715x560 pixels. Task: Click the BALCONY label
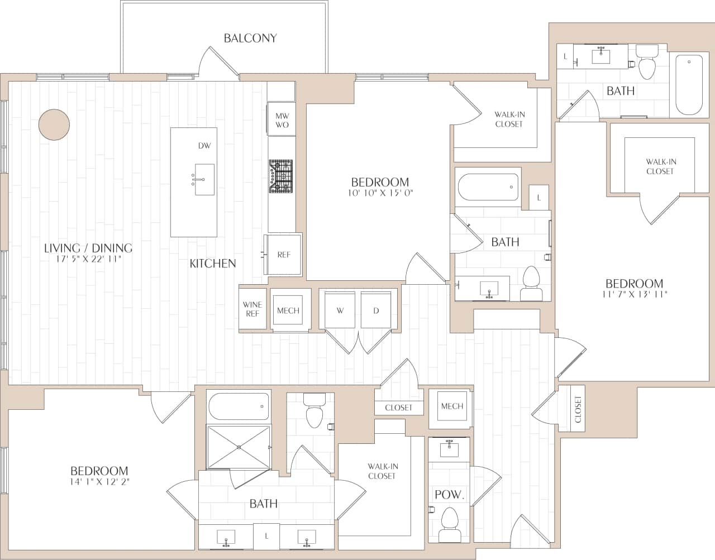pyautogui.click(x=250, y=38)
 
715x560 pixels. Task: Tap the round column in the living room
pyautogui.click(x=54, y=124)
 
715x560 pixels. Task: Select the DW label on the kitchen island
pyautogui.click(x=204, y=146)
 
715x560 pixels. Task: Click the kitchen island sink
pyautogui.click(x=204, y=179)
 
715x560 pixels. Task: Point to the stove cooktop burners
pyautogui.click(x=280, y=176)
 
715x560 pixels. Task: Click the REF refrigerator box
pyautogui.click(x=284, y=255)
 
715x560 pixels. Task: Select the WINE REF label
pyautogui.click(x=252, y=309)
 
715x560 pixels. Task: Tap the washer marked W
pyautogui.click(x=340, y=310)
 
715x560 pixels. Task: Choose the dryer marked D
pyautogui.click(x=376, y=310)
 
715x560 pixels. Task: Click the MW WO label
pyautogui.click(x=282, y=120)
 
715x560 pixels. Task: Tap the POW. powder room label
pyautogui.click(x=449, y=495)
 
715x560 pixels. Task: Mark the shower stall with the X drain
pyautogui.click(x=239, y=447)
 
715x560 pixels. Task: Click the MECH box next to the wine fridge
pyautogui.click(x=288, y=310)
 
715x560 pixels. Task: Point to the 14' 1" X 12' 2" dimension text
pyautogui.click(x=99, y=481)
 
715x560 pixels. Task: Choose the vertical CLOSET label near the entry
pyautogui.click(x=578, y=409)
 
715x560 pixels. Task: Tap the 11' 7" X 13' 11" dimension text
pyautogui.click(x=635, y=294)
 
